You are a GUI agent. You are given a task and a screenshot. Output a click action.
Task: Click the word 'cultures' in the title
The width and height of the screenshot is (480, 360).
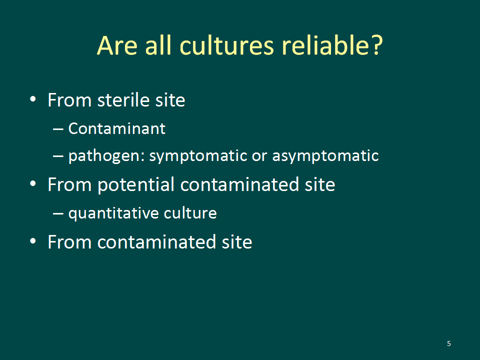[x=226, y=45]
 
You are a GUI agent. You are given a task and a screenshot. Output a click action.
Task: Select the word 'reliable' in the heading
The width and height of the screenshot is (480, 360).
[x=325, y=45]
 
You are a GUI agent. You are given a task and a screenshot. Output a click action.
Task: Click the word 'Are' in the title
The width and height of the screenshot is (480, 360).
[x=117, y=45]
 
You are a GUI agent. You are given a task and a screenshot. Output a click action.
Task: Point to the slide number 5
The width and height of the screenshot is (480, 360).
[x=449, y=343]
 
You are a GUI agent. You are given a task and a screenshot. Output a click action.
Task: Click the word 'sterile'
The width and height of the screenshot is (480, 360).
[x=123, y=100]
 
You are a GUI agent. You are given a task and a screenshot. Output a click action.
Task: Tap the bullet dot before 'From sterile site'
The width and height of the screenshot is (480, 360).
[x=33, y=99]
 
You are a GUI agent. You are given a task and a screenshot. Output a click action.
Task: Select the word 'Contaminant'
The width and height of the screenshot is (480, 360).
[x=116, y=128]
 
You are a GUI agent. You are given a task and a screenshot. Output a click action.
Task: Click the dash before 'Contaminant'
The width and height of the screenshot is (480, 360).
[x=58, y=129]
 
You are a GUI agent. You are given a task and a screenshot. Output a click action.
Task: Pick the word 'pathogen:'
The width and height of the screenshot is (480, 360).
[x=106, y=156]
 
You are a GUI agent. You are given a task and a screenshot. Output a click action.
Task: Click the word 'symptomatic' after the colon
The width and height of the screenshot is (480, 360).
[x=198, y=156]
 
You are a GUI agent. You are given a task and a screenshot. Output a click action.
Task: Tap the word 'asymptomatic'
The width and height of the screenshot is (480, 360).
[x=325, y=156]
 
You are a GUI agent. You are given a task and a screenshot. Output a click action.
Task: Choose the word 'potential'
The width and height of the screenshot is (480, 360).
[x=136, y=184]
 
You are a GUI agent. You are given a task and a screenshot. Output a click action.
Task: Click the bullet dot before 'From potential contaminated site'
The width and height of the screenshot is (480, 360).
[x=33, y=183]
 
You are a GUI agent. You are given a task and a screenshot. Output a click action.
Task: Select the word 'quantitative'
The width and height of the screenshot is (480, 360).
[x=113, y=213]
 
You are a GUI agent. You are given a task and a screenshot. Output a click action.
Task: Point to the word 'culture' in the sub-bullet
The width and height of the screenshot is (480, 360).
[x=190, y=213]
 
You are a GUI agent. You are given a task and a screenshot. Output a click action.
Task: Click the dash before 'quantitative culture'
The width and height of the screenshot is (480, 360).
[x=58, y=213]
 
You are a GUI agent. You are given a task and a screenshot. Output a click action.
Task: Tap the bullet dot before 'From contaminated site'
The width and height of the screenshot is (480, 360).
[x=33, y=241]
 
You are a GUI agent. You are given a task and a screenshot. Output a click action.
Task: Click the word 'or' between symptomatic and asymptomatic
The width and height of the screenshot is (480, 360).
[x=259, y=156]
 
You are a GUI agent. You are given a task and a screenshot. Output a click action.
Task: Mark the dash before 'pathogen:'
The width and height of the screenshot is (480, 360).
[x=58, y=156]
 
